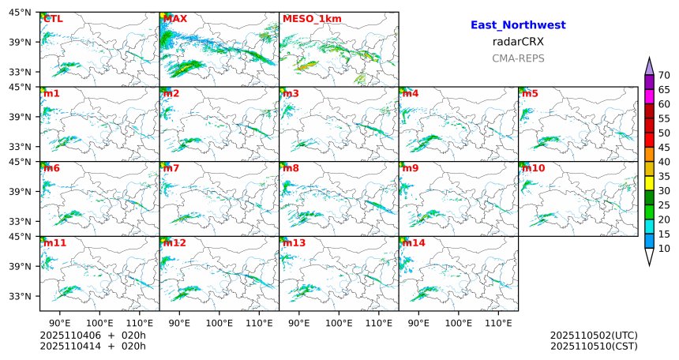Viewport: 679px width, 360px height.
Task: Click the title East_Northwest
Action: coord(518,25)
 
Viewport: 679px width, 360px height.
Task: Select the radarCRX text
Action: coord(518,42)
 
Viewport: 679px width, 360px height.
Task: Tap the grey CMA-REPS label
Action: coord(518,58)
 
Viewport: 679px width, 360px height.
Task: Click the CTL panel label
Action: coord(53,19)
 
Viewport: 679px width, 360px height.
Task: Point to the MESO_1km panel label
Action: coord(307,19)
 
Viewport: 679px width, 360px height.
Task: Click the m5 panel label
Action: coord(529,94)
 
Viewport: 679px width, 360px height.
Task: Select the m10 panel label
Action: coord(532,168)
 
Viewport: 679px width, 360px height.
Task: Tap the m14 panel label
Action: coord(412,243)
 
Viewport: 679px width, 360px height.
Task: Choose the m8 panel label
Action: coord(291,168)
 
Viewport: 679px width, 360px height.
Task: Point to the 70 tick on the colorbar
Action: coord(664,76)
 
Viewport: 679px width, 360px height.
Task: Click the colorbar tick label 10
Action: coord(664,249)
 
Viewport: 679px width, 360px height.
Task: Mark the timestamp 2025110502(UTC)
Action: coord(594,336)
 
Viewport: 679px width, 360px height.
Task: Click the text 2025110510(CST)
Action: coord(594,346)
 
